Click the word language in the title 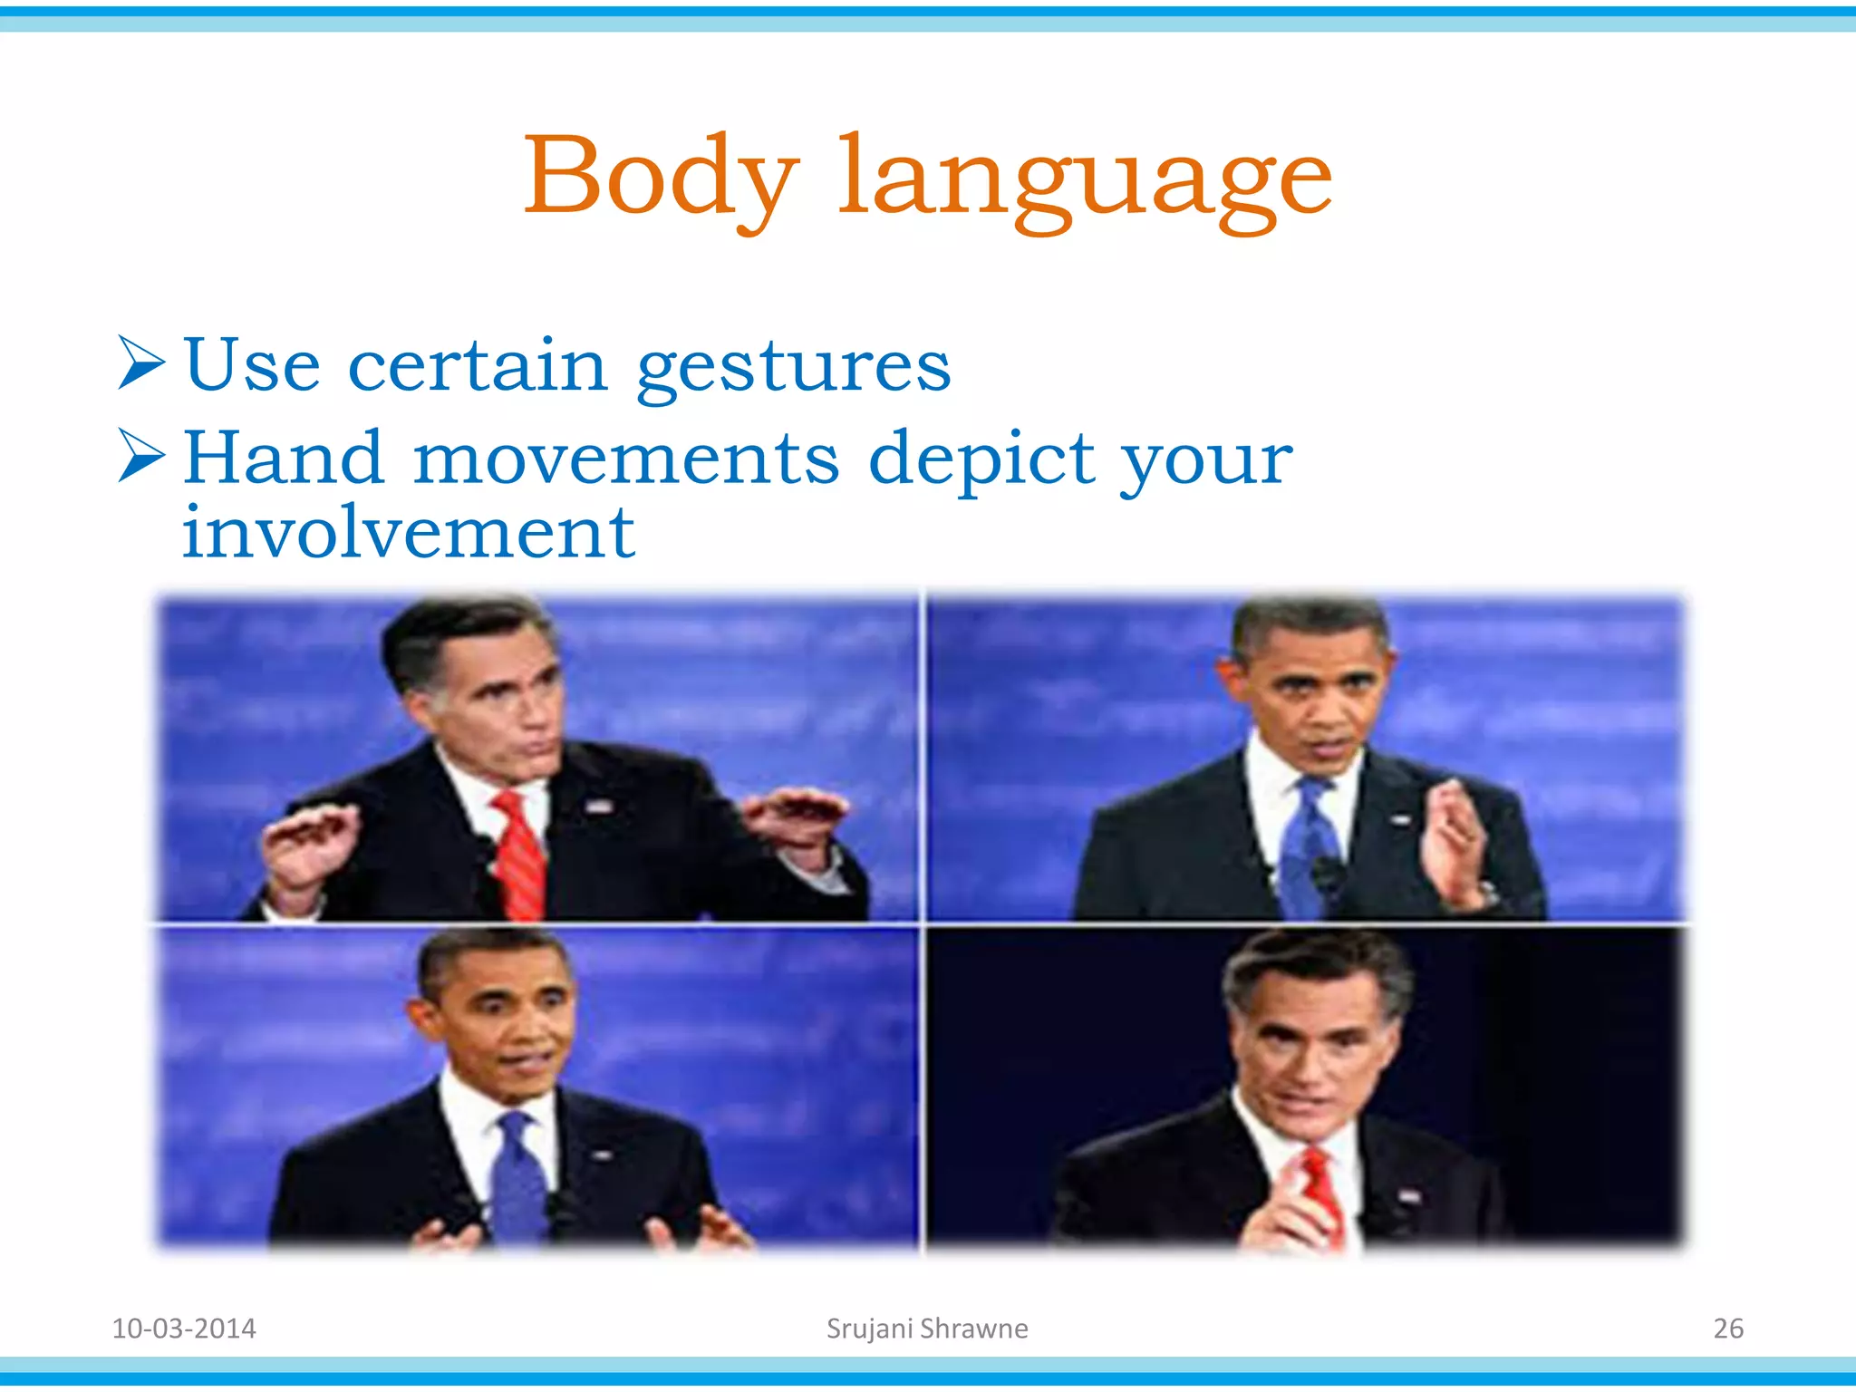point(1085,181)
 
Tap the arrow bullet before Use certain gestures point(141,363)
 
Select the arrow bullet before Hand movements point(141,456)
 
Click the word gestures point(794,367)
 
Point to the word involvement point(408,533)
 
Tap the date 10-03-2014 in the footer point(184,1329)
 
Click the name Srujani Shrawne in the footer point(927,1329)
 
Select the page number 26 point(1728,1329)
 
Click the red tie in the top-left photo point(520,856)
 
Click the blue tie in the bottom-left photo point(517,1178)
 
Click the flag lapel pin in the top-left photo point(596,806)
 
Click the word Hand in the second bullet point(284,458)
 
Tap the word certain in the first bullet point(478,365)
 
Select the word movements point(626,458)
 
